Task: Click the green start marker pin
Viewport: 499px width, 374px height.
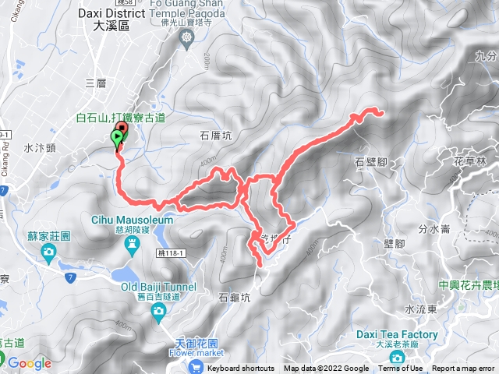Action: click(x=117, y=139)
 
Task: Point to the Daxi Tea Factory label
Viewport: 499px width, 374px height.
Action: click(x=398, y=334)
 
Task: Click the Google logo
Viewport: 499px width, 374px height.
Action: click(x=30, y=363)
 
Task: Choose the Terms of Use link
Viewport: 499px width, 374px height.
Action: click(x=401, y=369)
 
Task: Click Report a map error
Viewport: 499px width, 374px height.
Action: click(x=463, y=369)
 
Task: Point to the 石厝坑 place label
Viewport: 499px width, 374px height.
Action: click(x=216, y=134)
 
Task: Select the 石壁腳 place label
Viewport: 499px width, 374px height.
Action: click(x=370, y=162)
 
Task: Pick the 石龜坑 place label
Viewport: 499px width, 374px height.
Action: click(x=235, y=297)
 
